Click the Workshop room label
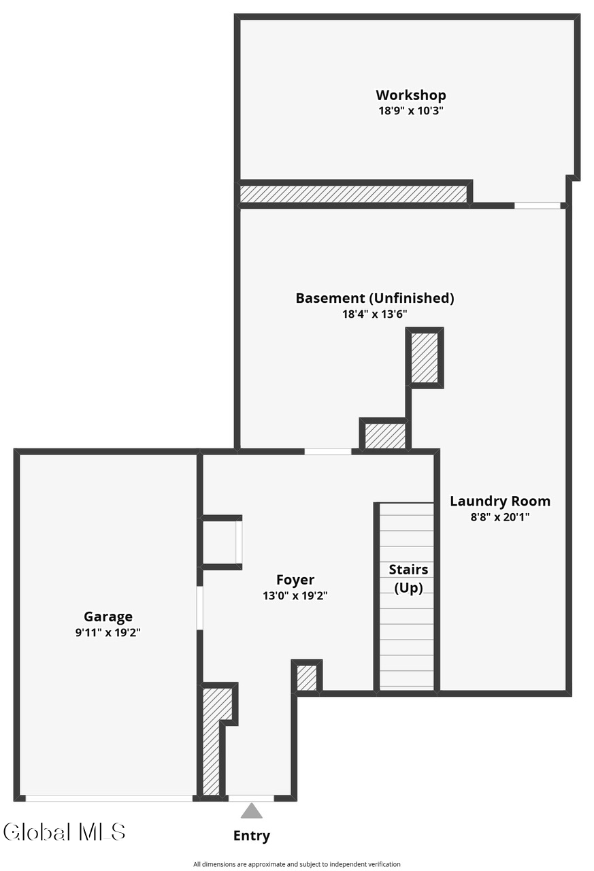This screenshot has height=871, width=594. (x=410, y=95)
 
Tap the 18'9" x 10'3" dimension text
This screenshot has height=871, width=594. (x=411, y=111)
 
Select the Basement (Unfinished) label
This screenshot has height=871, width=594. (x=375, y=298)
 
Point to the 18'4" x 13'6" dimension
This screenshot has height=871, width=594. (x=375, y=314)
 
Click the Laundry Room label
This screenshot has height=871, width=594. (x=500, y=502)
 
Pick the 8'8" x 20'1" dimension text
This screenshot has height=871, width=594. (x=500, y=517)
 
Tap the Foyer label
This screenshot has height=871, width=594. (x=295, y=580)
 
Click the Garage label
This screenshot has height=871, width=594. (x=108, y=617)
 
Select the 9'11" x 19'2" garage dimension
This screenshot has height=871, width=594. (x=108, y=633)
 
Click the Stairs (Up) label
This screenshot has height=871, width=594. (x=408, y=578)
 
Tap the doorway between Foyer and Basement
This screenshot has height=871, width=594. (x=328, y=451)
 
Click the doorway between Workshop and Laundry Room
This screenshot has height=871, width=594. (x=538, y=206)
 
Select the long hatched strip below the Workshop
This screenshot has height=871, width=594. (x=353, y=194)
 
